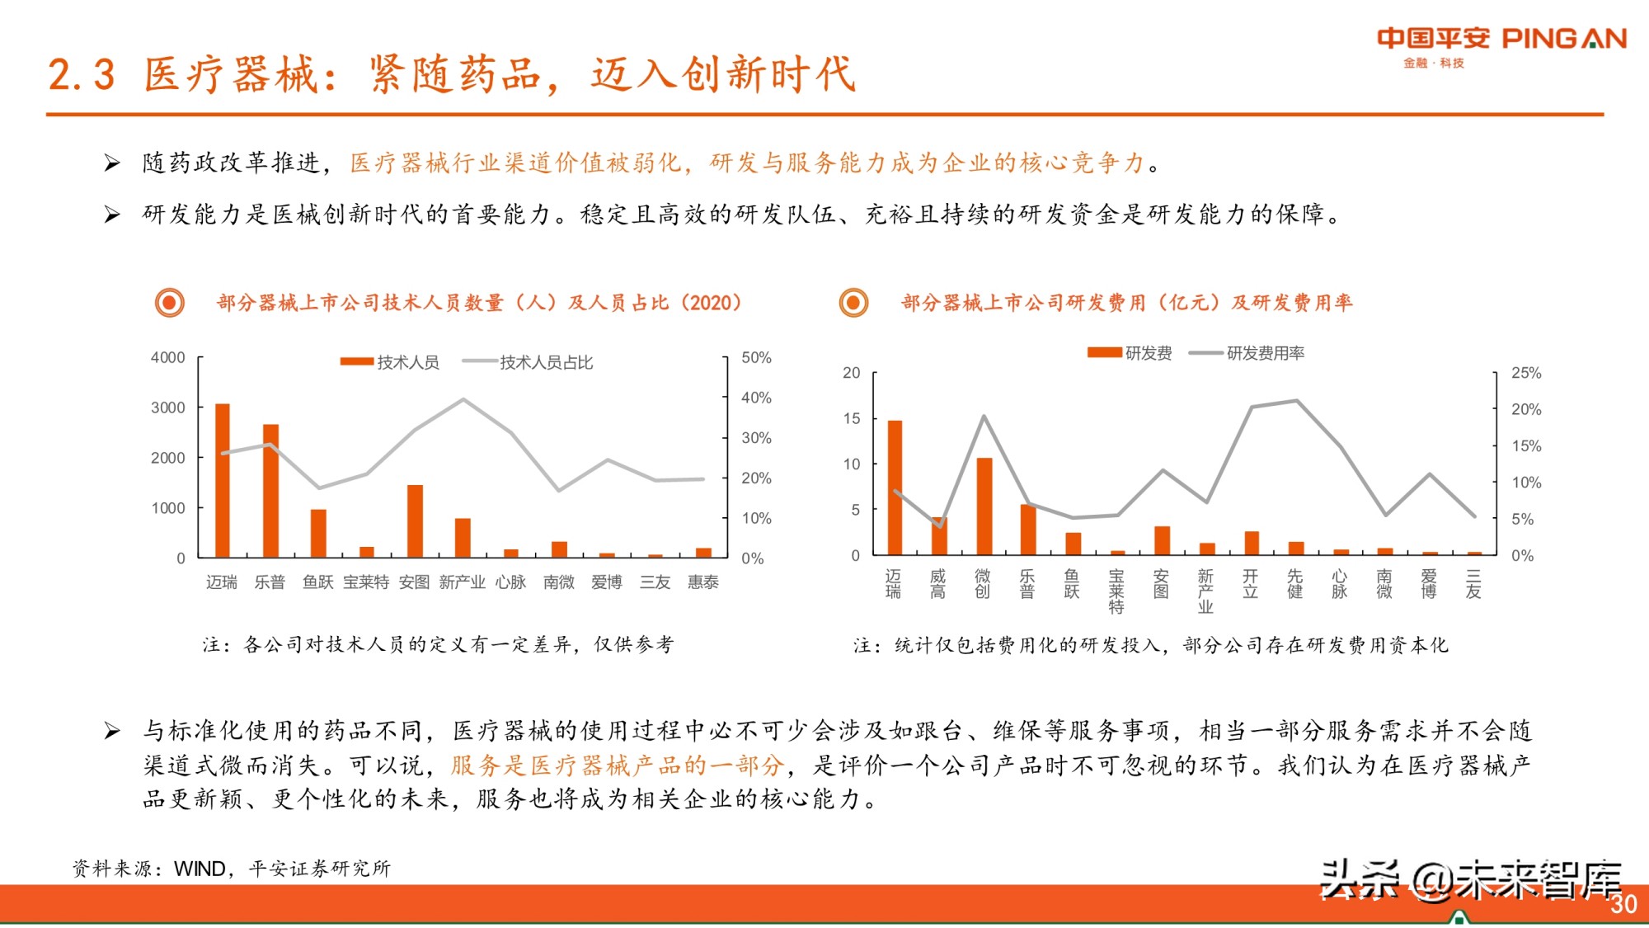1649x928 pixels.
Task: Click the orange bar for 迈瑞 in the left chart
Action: coord(222,480)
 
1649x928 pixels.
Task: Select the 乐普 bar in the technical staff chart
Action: coord(270,491)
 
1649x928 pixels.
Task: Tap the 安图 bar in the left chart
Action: coord(415,521)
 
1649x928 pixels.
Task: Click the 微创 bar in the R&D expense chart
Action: coord(984,506)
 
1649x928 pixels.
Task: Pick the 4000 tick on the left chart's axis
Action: coord(167,358)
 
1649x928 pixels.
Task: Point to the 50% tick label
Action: coord(756,358)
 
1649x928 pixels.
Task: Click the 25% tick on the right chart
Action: coord(1525,373)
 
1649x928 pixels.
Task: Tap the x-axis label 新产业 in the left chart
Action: coord(462,582)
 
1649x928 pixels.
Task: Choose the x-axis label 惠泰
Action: coord(703,582)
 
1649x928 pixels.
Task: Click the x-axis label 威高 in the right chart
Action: coord(938,583)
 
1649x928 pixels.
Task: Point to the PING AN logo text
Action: coord(1563,39)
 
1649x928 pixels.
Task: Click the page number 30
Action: coord(1623,904)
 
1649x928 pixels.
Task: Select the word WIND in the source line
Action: coord(200,869)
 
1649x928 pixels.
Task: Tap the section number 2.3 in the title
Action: coord(81,74)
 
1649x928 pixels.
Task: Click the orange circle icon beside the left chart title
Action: coord(170,303)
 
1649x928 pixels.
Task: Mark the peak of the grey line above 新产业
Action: coord(463,399)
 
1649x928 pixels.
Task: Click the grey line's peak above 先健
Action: coord(1296,401)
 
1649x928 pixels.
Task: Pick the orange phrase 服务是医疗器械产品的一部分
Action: coord(616,765)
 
